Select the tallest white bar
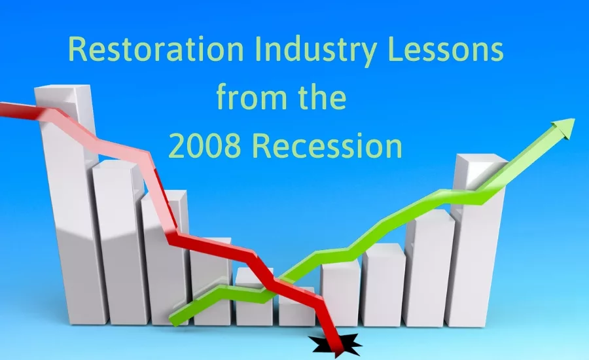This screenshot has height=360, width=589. coord(65,216)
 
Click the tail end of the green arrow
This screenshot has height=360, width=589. coord(175,319)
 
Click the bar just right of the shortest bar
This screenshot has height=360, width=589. coord(340,295)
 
